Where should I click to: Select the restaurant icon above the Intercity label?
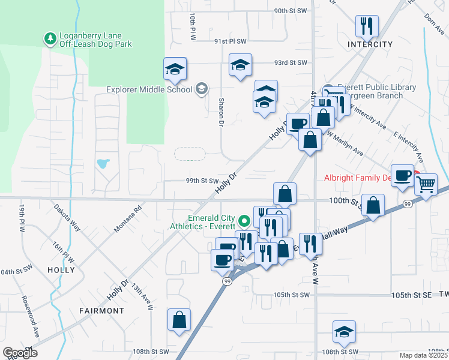point(366,26)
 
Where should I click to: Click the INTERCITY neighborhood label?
point(370,44)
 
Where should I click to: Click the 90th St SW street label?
point(290,11)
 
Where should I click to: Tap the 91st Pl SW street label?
point(231,41)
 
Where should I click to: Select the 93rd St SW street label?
point(290,62)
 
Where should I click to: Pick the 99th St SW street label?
point(202,181)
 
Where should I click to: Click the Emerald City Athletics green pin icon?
point(244,220)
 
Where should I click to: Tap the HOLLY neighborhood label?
point(61,271)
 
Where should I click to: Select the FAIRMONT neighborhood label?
point(101,311)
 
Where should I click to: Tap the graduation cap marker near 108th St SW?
point(345,331)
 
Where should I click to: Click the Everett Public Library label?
point(376,88)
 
